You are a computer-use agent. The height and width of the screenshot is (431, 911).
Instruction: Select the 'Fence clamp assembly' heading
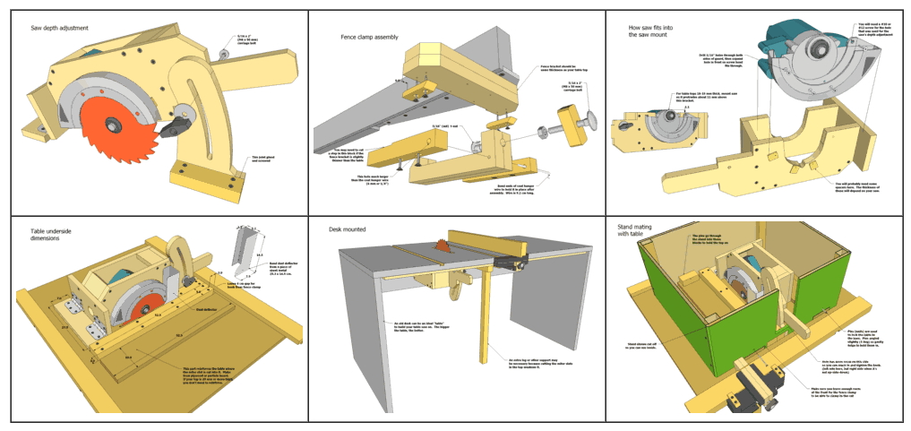(x=369, y=38)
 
